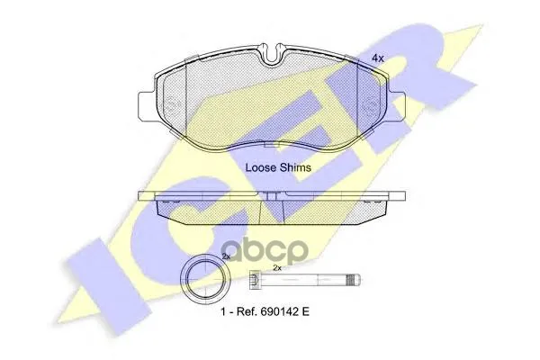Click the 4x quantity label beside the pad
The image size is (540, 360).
(377, 58)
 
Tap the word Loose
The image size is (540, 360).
(261, 167)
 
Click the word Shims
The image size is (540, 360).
(295, 167)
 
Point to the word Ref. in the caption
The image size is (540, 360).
(247, 311)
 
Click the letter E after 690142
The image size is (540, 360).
(306, 311)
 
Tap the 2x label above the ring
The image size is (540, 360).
(226, 256)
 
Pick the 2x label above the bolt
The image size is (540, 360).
(277, 267)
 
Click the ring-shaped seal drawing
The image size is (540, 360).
(205, 279)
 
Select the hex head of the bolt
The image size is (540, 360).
(254, 279)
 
